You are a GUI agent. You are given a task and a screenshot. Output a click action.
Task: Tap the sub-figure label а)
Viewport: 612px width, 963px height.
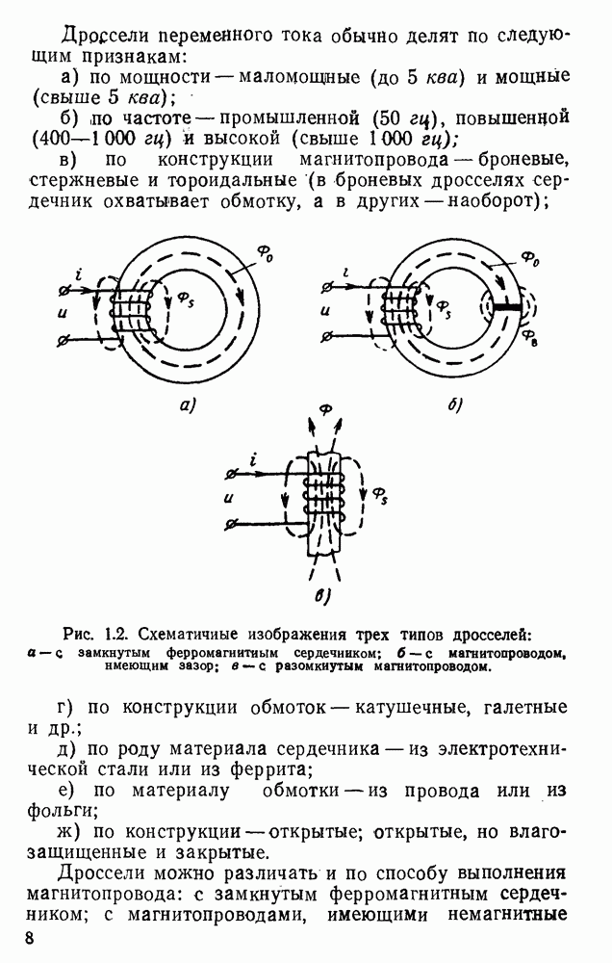point(188,405)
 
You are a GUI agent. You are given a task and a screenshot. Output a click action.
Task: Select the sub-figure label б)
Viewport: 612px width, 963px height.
point(455,405)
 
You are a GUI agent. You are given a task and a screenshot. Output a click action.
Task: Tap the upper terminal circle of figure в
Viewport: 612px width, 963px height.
point(228,474)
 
